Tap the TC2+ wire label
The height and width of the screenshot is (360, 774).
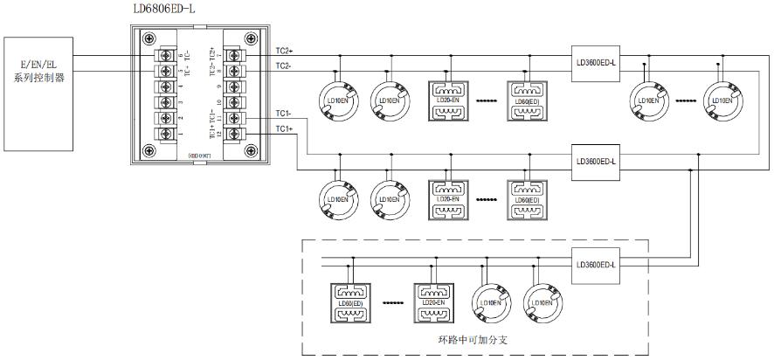284,52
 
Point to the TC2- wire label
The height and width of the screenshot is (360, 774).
284,66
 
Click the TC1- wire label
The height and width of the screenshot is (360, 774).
284,114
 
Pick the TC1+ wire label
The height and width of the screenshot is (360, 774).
284,130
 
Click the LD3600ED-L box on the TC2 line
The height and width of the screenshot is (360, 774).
597,62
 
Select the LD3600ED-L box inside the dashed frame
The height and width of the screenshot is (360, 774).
597,265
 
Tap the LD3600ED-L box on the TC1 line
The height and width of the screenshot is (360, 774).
597,161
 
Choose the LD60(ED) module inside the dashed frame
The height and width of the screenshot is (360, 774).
349,301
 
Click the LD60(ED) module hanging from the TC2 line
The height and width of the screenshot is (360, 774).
527,100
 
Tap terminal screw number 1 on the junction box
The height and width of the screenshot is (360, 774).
163,133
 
